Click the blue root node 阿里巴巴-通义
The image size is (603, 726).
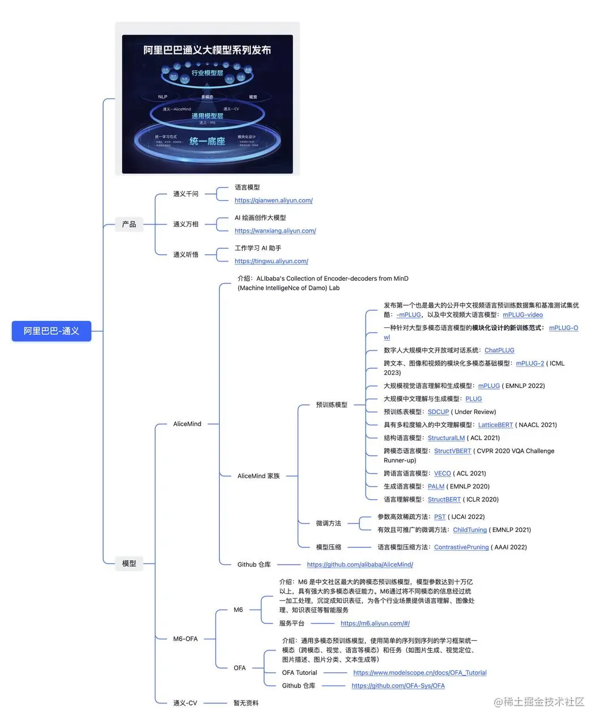[x=51, y=331]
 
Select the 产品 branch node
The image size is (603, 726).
[x=129, y=224]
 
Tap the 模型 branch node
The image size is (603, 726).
[x=129, y=563]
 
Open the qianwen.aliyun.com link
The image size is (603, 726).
[x=274, y=200]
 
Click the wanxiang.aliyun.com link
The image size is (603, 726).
[x=275, y=231]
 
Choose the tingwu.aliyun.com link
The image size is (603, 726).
[x=271, y=261]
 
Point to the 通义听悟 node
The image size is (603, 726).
[x=186, y=255]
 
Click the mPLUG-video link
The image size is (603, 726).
[x=523, y=315]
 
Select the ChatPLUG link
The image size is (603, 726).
[x=499, y=351]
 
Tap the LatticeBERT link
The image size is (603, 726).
[x=495, y=425]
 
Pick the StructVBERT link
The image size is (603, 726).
[x=453, y=451]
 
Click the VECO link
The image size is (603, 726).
[x=443, y=473]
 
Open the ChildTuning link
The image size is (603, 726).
[x=470, y=530]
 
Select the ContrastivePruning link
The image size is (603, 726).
[x=461, y=547]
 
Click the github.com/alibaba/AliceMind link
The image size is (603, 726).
[x=360, y=564]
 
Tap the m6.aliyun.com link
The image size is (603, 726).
[x=375, y=623]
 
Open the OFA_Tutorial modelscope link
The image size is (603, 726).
[x=420, y=673]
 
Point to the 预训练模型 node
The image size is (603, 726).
[x=332, y=405]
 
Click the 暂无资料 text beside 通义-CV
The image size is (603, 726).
[x=246, y=703]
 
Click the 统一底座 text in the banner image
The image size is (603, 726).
[x=207, y=141]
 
